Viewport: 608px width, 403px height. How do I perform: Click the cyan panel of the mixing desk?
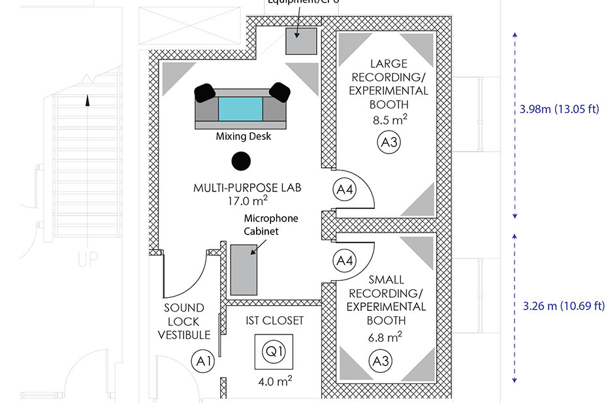coord(240,108)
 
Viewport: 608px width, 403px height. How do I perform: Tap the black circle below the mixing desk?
coord(241,160)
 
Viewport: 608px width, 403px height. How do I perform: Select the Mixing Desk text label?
coord(243,137)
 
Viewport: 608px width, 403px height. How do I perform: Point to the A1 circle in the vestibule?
coord(202,359)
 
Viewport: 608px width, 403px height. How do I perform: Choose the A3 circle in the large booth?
coord(389,143)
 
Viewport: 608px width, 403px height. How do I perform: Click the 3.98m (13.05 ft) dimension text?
coord(559,109)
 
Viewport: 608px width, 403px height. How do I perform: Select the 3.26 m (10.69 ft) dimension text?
coord(563,306)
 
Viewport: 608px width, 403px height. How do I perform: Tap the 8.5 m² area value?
coord(389,120)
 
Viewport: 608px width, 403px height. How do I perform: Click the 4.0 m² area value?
coord(274,380)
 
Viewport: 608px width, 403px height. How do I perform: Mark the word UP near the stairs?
coord(88,259)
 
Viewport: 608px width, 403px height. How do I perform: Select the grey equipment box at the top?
coord(301,42)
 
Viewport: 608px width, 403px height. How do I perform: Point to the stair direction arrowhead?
coord(87,100)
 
